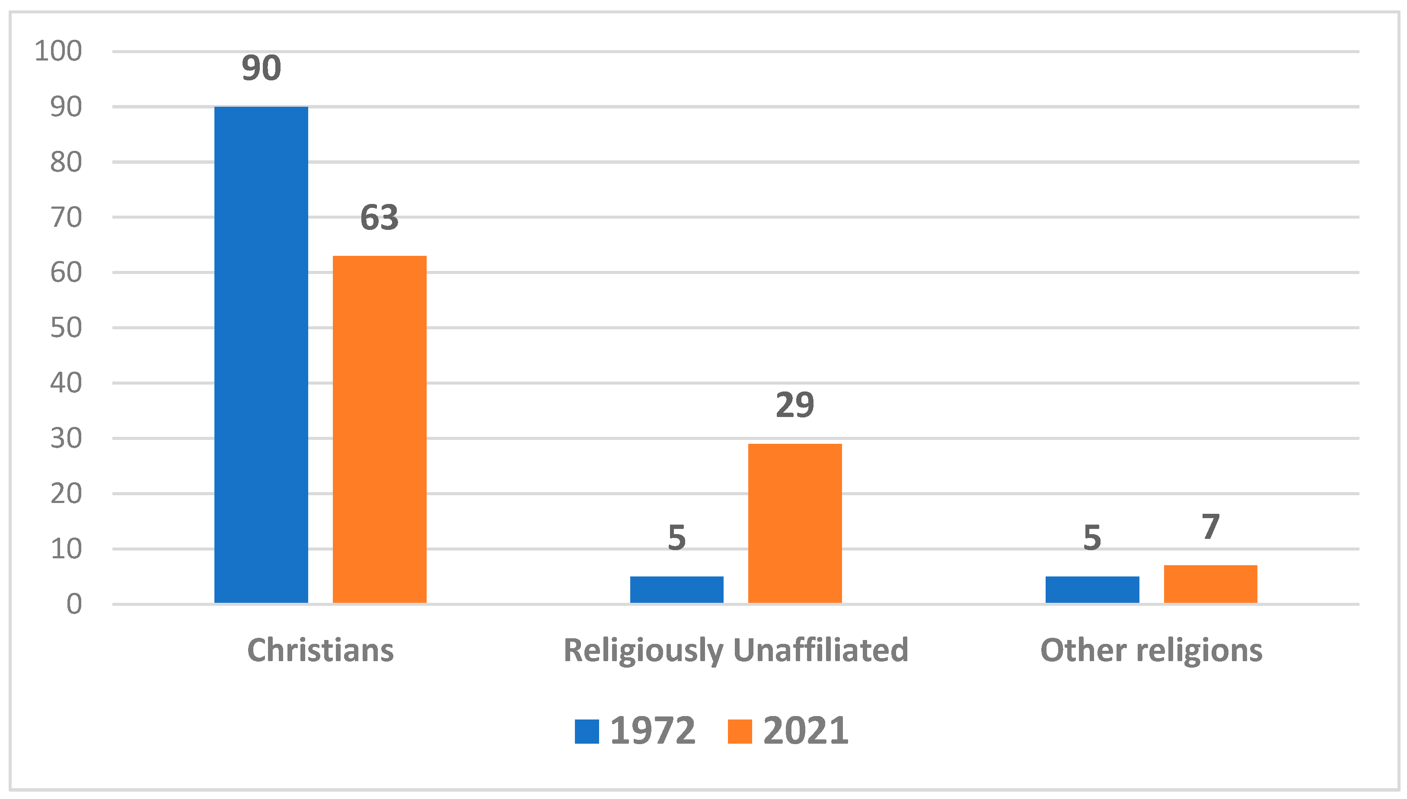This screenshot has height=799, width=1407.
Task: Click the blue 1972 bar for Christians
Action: tap(261, 354)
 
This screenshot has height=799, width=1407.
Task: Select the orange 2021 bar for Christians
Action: tap(379, 429)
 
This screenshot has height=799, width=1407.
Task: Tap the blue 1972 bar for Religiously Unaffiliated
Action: tap(676, 589)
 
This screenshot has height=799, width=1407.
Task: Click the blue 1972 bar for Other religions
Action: tap(1091, 589)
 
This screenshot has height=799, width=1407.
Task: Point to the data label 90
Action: tap(261, 68)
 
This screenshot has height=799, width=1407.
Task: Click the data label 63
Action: tap(379, 217)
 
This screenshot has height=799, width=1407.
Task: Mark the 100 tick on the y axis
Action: tap(58, 51)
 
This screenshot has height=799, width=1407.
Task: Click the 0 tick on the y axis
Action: tap(74, 604)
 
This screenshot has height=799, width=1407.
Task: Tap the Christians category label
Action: tap(320, 650)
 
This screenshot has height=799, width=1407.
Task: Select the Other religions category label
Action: tap(1151, 650)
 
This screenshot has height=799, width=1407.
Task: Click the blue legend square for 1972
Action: tap(586, 731)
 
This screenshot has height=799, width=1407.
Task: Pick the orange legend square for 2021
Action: tap(739, 731)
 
